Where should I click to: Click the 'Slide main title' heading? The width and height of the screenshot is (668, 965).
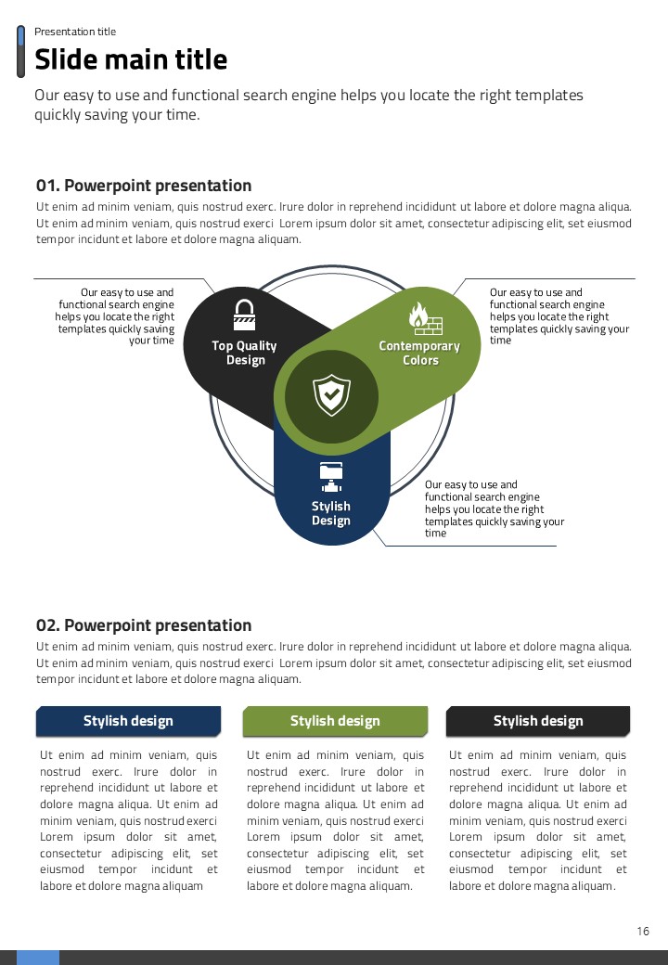(131, 60)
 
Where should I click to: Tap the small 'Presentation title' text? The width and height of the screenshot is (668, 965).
(75, 32)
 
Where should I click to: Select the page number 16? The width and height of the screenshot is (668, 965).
(643, 931)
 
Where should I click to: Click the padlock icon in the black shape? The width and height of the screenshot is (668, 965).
(244, 314)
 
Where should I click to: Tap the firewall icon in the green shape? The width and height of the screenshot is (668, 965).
(425, 319)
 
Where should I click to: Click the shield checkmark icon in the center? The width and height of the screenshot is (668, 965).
(331, 395)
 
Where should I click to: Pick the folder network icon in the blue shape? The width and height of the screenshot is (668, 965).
(331, 476)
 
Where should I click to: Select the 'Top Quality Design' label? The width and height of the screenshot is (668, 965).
(244, 353)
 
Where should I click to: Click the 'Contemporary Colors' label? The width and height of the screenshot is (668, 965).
(419, 353)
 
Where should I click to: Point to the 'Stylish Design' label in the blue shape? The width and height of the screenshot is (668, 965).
(331, 513)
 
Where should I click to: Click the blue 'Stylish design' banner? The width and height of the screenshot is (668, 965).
(128, 721)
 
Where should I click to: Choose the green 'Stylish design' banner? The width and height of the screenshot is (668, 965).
(335, 721)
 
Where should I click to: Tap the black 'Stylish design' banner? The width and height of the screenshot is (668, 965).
(538, 721)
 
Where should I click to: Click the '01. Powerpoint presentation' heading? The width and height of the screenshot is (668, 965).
(144, 186)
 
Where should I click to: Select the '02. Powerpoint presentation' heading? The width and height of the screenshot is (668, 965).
(144, 625)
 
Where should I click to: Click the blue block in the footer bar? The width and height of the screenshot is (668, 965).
(38, 958)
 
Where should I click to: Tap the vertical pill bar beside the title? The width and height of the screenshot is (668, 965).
(21, 52)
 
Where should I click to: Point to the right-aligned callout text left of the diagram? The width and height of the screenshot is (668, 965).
(116, 316)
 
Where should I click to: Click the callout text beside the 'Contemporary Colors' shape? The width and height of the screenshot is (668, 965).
(559, 316)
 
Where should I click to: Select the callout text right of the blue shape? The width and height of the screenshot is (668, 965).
(494, 508)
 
